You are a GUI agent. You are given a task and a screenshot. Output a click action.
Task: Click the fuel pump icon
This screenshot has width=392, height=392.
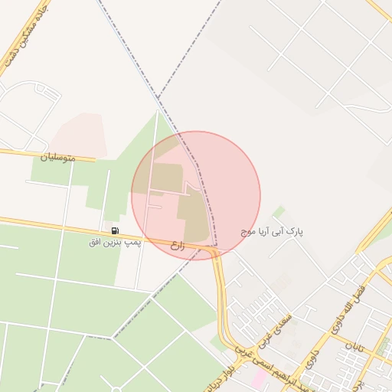point(115,230)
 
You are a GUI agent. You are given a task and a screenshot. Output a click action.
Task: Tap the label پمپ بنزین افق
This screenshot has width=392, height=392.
point(115,242)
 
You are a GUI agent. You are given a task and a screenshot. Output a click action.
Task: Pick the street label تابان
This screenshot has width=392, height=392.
point(354,349)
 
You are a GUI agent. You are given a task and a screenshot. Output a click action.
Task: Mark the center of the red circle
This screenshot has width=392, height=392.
point(196,195)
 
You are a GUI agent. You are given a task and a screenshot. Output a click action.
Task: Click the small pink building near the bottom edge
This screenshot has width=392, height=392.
point(259,379)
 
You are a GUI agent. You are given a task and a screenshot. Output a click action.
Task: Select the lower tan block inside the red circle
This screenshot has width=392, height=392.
point(194,218)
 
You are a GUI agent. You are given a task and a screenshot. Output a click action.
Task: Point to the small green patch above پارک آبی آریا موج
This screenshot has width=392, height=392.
point(279,211)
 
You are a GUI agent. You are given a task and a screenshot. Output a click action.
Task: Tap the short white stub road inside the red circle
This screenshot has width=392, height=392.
point(154,206)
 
